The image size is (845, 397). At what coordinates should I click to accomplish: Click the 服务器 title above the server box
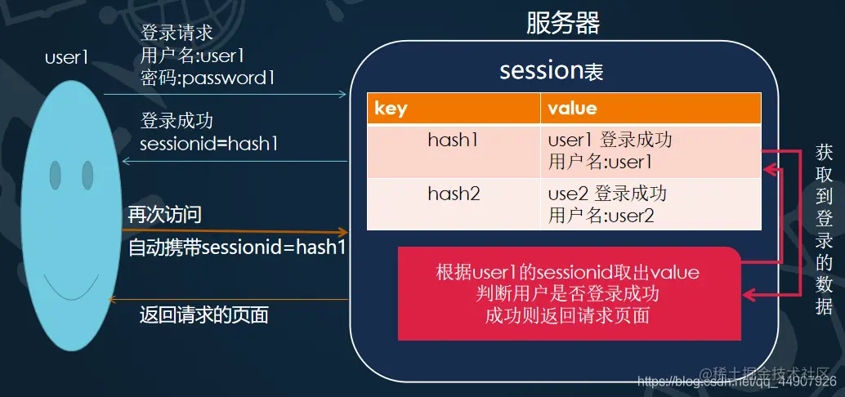563,23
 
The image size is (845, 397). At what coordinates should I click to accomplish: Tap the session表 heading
552,71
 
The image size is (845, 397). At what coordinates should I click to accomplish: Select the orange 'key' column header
454,109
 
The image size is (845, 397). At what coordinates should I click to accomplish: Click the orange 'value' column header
651,109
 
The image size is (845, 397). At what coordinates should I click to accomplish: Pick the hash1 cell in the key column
453,140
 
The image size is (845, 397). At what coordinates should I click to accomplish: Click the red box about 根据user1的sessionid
570,293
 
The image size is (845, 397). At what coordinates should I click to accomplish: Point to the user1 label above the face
66,57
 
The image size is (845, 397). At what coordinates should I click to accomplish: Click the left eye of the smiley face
56,173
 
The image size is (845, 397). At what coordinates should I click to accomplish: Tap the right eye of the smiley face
87,173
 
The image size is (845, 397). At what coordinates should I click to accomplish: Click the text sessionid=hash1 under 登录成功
210,144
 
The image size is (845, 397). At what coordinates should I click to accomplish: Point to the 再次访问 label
164,215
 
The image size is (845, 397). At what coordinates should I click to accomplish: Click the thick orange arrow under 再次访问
237,231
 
